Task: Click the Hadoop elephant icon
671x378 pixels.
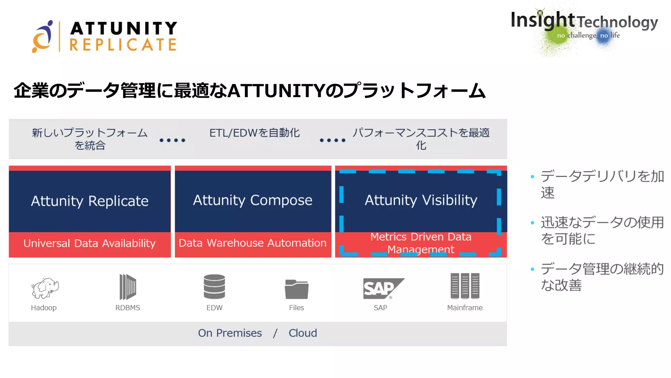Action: (x=45, y=288)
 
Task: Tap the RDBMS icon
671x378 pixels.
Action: (x=127, y=286)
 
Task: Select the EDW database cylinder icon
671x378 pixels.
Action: (x=214, y=286)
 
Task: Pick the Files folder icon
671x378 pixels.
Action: (x=297, y=289)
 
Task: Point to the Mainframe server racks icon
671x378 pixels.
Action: (x=465, y=286)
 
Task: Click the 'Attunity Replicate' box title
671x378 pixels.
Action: (x=90, y=201)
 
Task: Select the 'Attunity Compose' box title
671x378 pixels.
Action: (x=253, y=200)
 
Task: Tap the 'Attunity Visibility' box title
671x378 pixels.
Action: (x=421, y=200)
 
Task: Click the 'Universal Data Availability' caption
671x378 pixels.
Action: (x=89, y=243)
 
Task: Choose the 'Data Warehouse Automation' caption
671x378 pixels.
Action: (x=253, y=243)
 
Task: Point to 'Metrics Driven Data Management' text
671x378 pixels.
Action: (x=421, y=243)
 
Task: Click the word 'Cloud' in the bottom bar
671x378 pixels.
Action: (x=303, y=333)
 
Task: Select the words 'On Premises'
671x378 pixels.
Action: (x=230, y=333)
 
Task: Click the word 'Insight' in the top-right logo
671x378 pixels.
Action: (x=543, y=20)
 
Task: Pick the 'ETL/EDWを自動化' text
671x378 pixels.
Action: (x=255, y=133)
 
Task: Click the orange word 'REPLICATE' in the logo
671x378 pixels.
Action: (x=123, y=45)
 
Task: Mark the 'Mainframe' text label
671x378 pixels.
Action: (x=465, y=308)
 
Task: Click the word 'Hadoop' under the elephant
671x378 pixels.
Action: (x=44, y=308)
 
